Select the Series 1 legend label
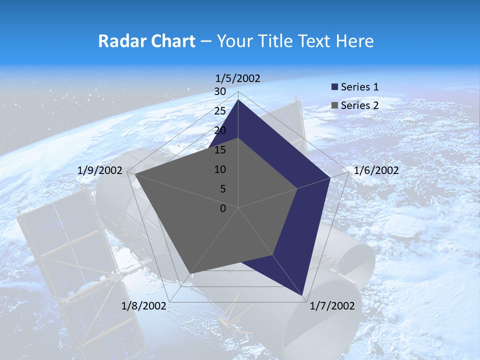pos(359,87)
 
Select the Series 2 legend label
pos(359,105)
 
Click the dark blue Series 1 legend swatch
pos(335,87)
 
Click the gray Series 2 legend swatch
pos(335,105)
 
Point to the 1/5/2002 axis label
pos(238,78)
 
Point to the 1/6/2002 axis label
pos(376,170)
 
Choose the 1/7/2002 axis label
pos(332,306)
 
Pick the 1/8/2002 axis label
pos(143,306)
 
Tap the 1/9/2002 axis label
pos(100,170)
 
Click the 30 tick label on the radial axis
pos(220,91)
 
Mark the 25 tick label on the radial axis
pos(220,111)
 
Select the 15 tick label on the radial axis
pos(220,150)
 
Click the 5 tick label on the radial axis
pos(222,189)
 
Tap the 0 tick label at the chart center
pos(223,208)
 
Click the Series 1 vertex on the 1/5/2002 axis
pos(238,99)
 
